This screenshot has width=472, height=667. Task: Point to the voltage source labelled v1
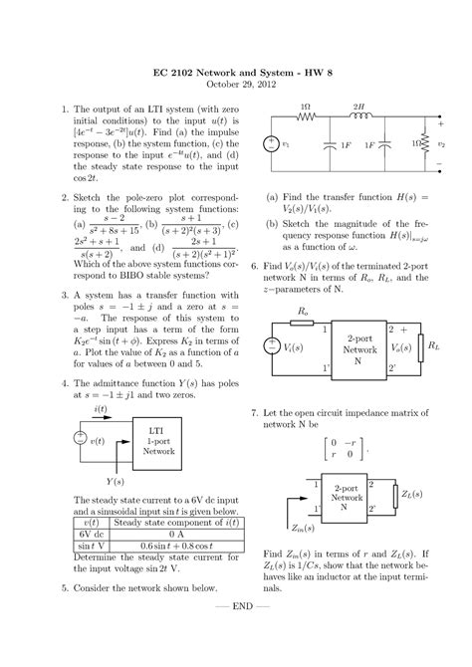click(271, 143)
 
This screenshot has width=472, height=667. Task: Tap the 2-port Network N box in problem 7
click(347, 498)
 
